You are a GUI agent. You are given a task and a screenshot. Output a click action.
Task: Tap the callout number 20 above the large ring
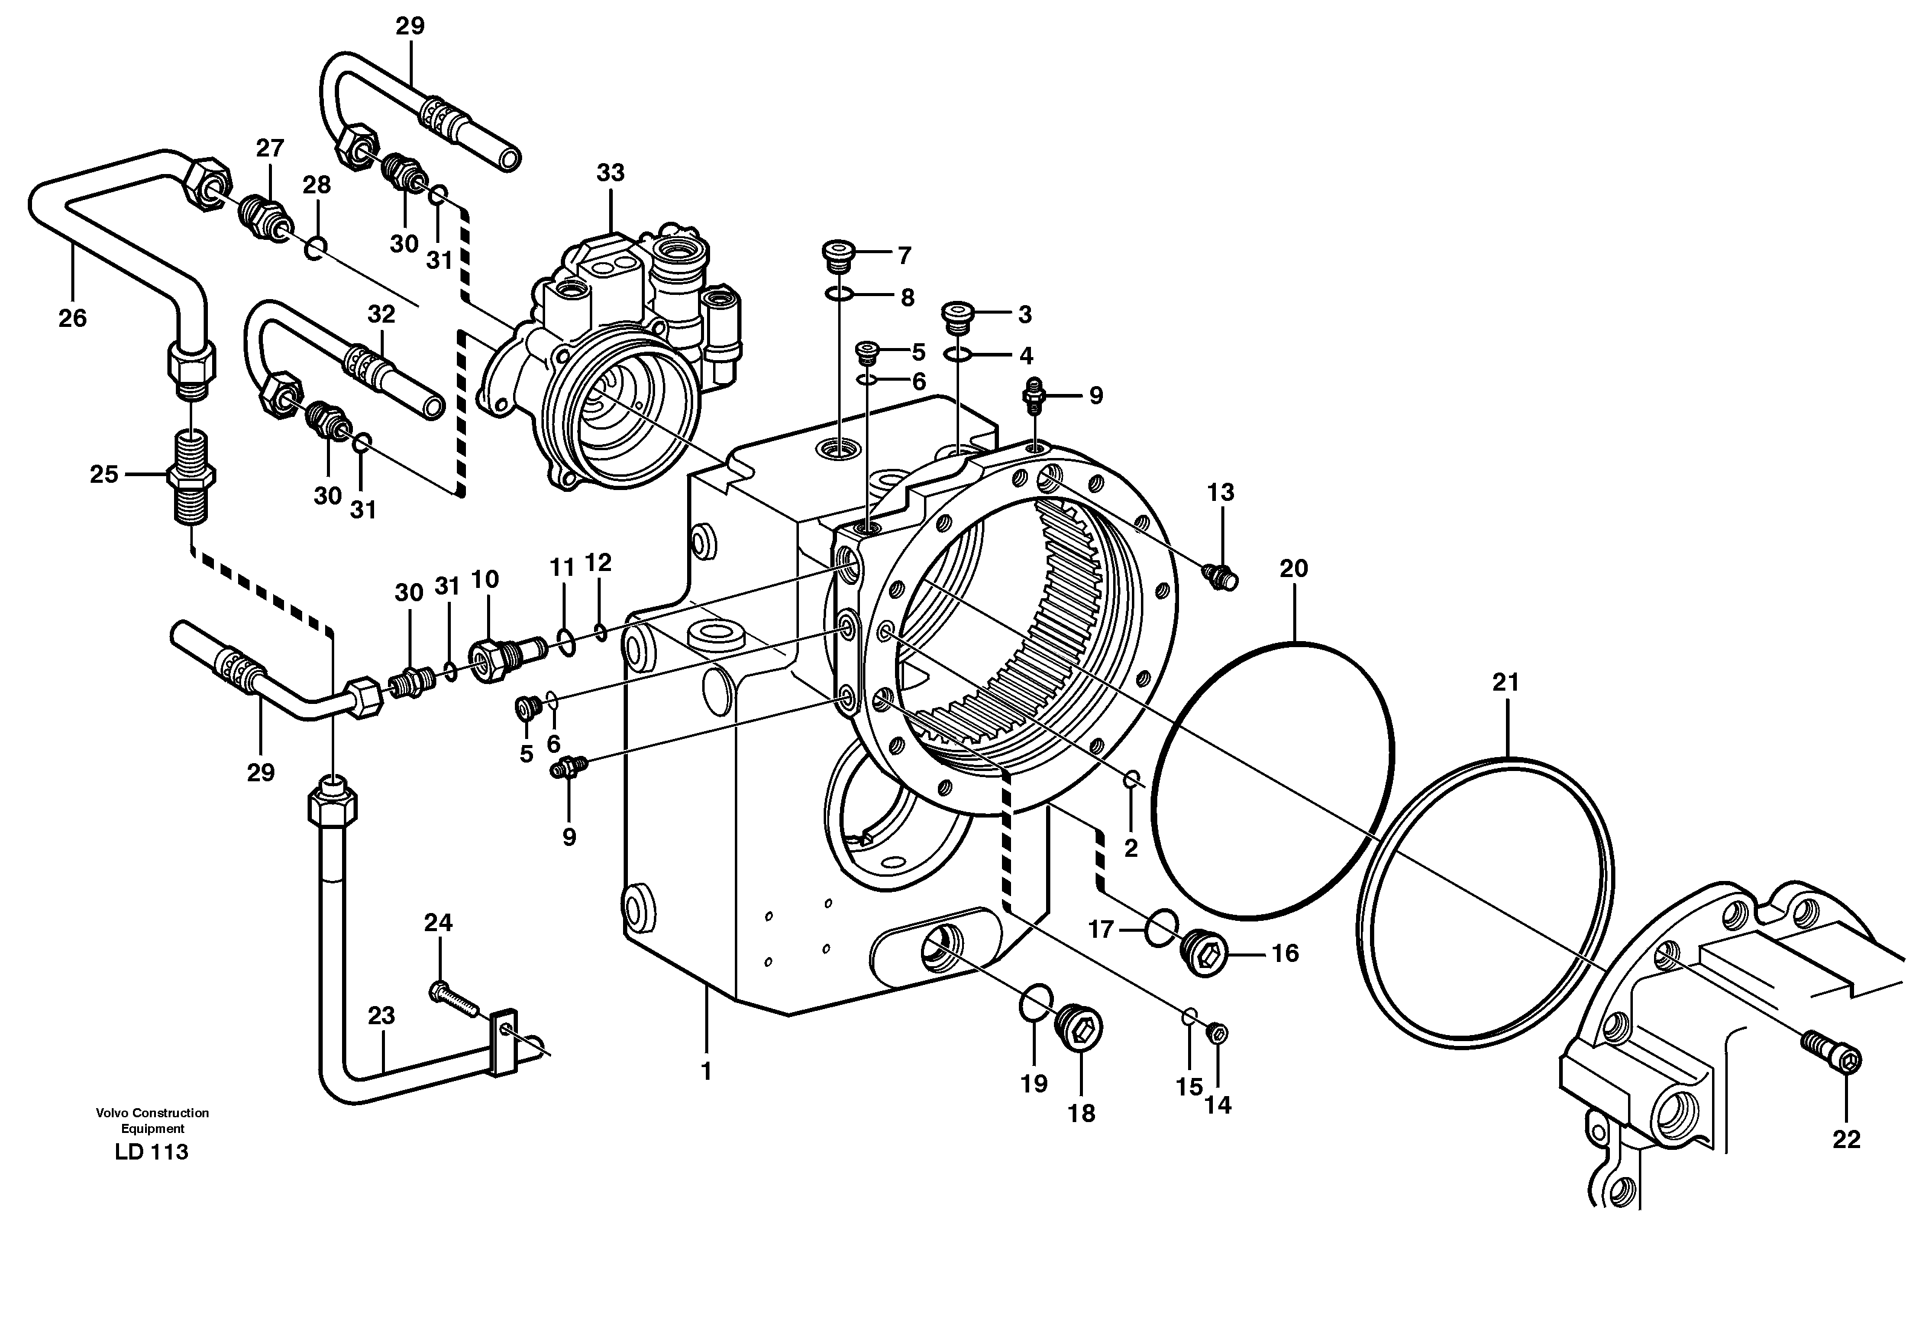point(1294,569)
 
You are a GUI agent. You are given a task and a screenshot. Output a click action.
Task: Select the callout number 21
point(1506,682)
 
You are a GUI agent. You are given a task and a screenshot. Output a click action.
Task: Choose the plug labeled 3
point(958,315)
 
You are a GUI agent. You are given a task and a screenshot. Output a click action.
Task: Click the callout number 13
point(1221,492)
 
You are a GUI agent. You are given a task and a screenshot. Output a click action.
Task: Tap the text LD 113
point(151,1152)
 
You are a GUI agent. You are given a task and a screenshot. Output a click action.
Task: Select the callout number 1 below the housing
point(706,1071)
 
